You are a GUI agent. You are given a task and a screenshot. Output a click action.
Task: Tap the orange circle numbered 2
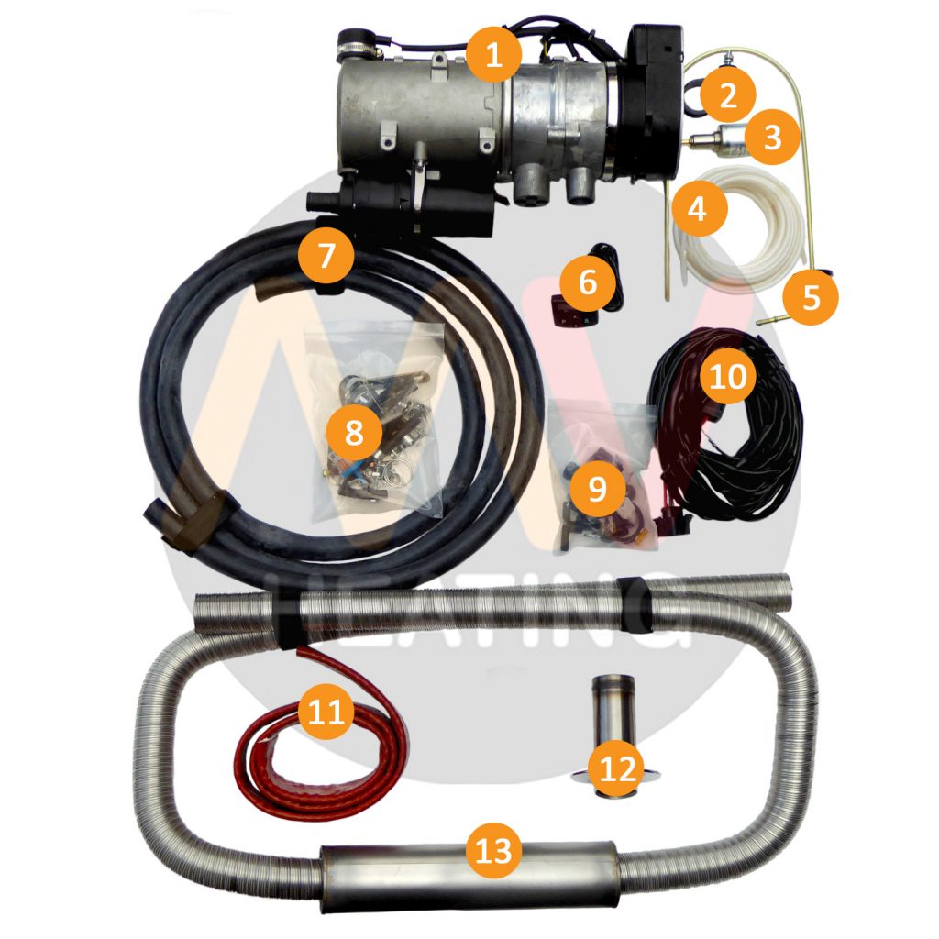click(729, 94)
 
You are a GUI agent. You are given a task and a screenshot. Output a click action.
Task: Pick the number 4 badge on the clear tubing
click(698, 209)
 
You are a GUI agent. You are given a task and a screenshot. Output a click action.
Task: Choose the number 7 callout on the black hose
click(326, 255)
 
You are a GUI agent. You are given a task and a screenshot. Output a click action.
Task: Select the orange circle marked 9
click(596, 488)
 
